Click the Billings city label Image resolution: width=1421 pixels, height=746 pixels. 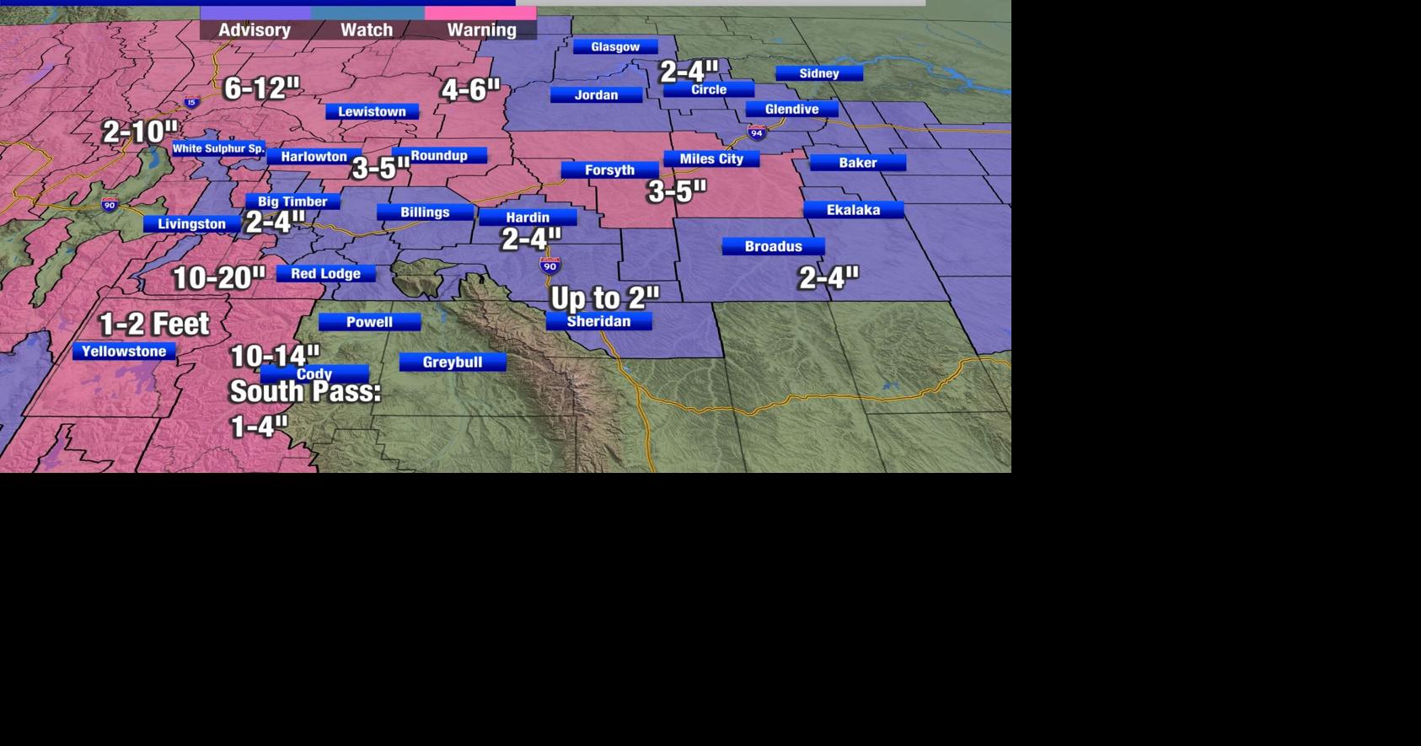[x=425, y=212]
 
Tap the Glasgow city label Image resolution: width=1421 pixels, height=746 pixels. [x=615, y=47]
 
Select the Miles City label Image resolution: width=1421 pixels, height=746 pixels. [x=711, y=158]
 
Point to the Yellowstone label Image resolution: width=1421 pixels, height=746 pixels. [x=124, y=352]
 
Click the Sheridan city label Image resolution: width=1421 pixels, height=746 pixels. [x=598, y=321]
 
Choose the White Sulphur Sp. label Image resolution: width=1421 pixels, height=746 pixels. [x=218, y=148]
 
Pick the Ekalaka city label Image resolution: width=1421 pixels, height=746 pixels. [x=853, y=210]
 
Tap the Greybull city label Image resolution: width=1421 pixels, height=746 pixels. [x=453, y=362]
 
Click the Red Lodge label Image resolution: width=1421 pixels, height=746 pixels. [x=325, y=274]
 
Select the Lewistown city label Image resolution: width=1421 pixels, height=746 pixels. [x=372, y=111]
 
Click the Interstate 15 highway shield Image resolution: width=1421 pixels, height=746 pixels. [x=191, y=103]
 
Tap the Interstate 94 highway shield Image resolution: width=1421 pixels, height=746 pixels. [x=756, y=132]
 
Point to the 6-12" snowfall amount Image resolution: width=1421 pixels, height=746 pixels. [x=262, y=88]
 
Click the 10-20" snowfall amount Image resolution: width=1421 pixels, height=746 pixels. [x=218, y=278]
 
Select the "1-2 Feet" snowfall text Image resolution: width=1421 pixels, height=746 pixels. [x=154, y=324]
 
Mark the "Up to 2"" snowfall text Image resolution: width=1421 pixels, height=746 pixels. [x=604, y=298]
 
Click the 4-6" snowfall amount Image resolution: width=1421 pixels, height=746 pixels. [x=470, y=89]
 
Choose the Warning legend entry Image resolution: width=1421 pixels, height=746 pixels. [x=481, y=30]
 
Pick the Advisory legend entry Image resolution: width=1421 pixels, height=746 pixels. [x=255, y=30]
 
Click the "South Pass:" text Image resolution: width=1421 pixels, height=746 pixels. [x=305, y=392]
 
